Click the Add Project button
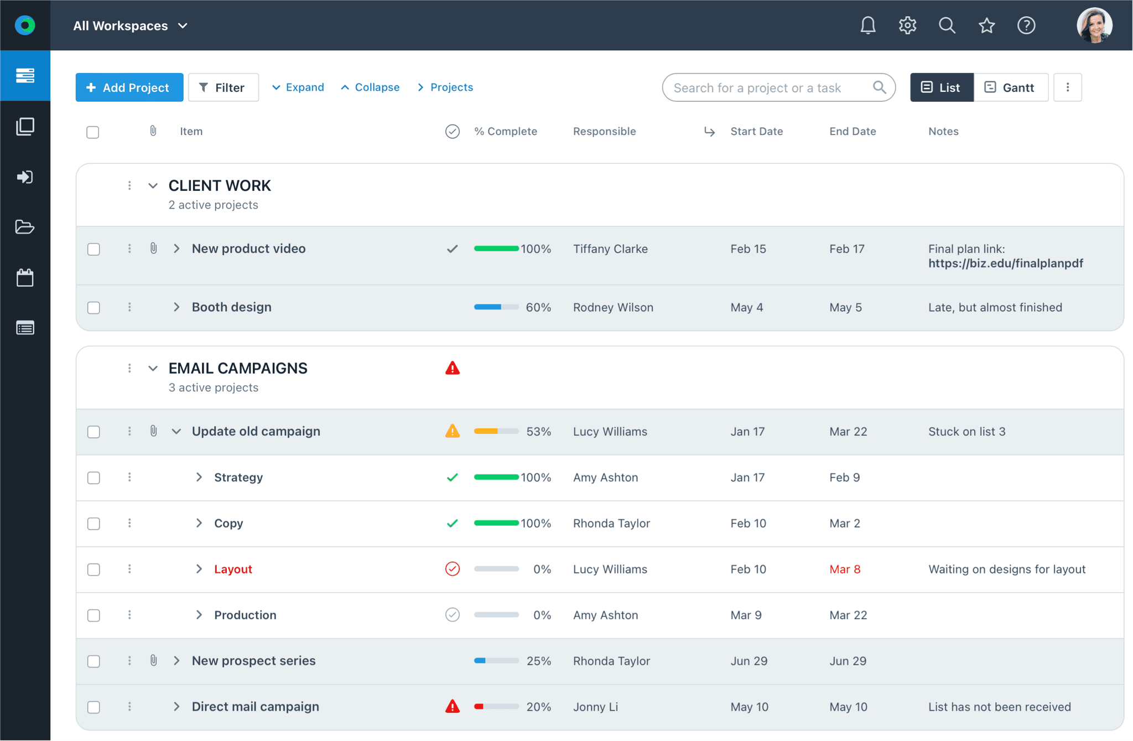pos(129,87)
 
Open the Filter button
pos(223,87)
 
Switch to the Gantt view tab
pos(1010,87)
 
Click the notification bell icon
pos(867,25)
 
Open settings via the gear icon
pos(907,25)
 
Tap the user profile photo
pos(1094,25)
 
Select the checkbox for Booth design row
pos(93,308)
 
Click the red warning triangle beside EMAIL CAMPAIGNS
pos(452,368)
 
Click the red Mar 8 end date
pos(844,569)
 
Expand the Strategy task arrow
pos(199,477)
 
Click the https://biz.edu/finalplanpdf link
pos(1005,263)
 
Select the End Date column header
pos(852,131)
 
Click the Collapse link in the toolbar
pos(370,87)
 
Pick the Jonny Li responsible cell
pos(595,707)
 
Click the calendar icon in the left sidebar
pos(25,278)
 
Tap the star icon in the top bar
pos(986,25)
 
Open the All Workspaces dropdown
pos(131,25)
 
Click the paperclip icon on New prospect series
pos(153,660)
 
